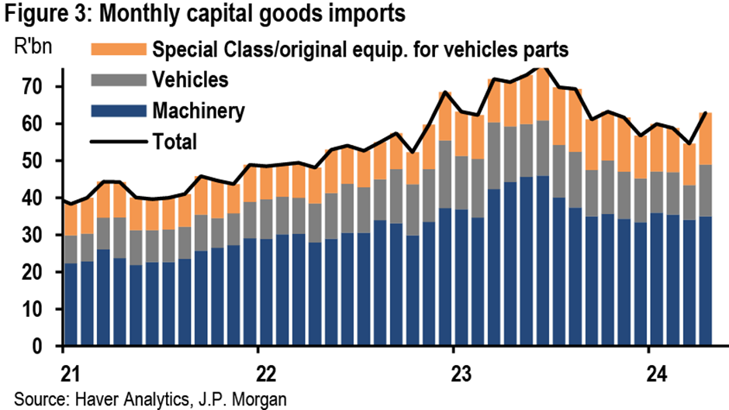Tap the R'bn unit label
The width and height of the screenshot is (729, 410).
[33, 42]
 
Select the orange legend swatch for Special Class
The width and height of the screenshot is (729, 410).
[117, 50]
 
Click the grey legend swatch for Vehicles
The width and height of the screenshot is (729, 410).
[117, 80]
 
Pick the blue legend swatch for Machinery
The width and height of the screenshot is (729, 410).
[117, 110]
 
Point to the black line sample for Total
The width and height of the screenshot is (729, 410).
[117, 140]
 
